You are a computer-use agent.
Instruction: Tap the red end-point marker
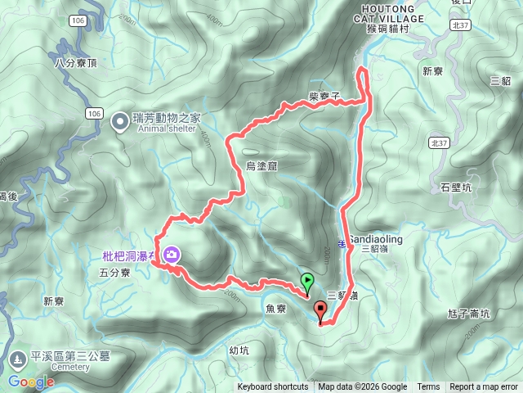click(x=320, y=310)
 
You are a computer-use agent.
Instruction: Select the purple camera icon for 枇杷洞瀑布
click(x=172, y=255)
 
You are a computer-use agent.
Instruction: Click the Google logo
click(x=31, y=382)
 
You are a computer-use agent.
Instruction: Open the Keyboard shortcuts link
click(x=273, y=387)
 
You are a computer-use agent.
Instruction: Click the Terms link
click(x=428, y=387)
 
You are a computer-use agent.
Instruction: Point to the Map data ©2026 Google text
click(x=363, y=387)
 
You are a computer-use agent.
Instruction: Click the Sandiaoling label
click(x=376, y=239)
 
